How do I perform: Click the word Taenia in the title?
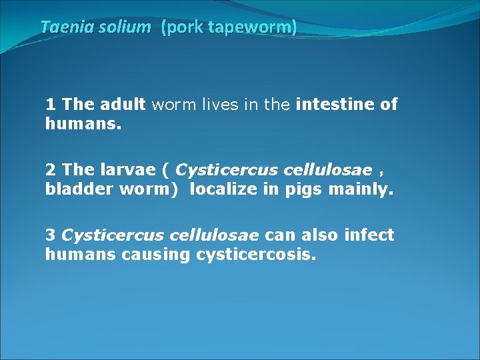tap(62, 27)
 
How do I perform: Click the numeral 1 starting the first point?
tap(50, 104)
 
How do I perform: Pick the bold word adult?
tap(123, 104)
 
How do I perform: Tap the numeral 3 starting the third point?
tap(50, 235)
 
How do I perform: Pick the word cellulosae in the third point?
tap(216, 235)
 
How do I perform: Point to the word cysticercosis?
tap(255, 254)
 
